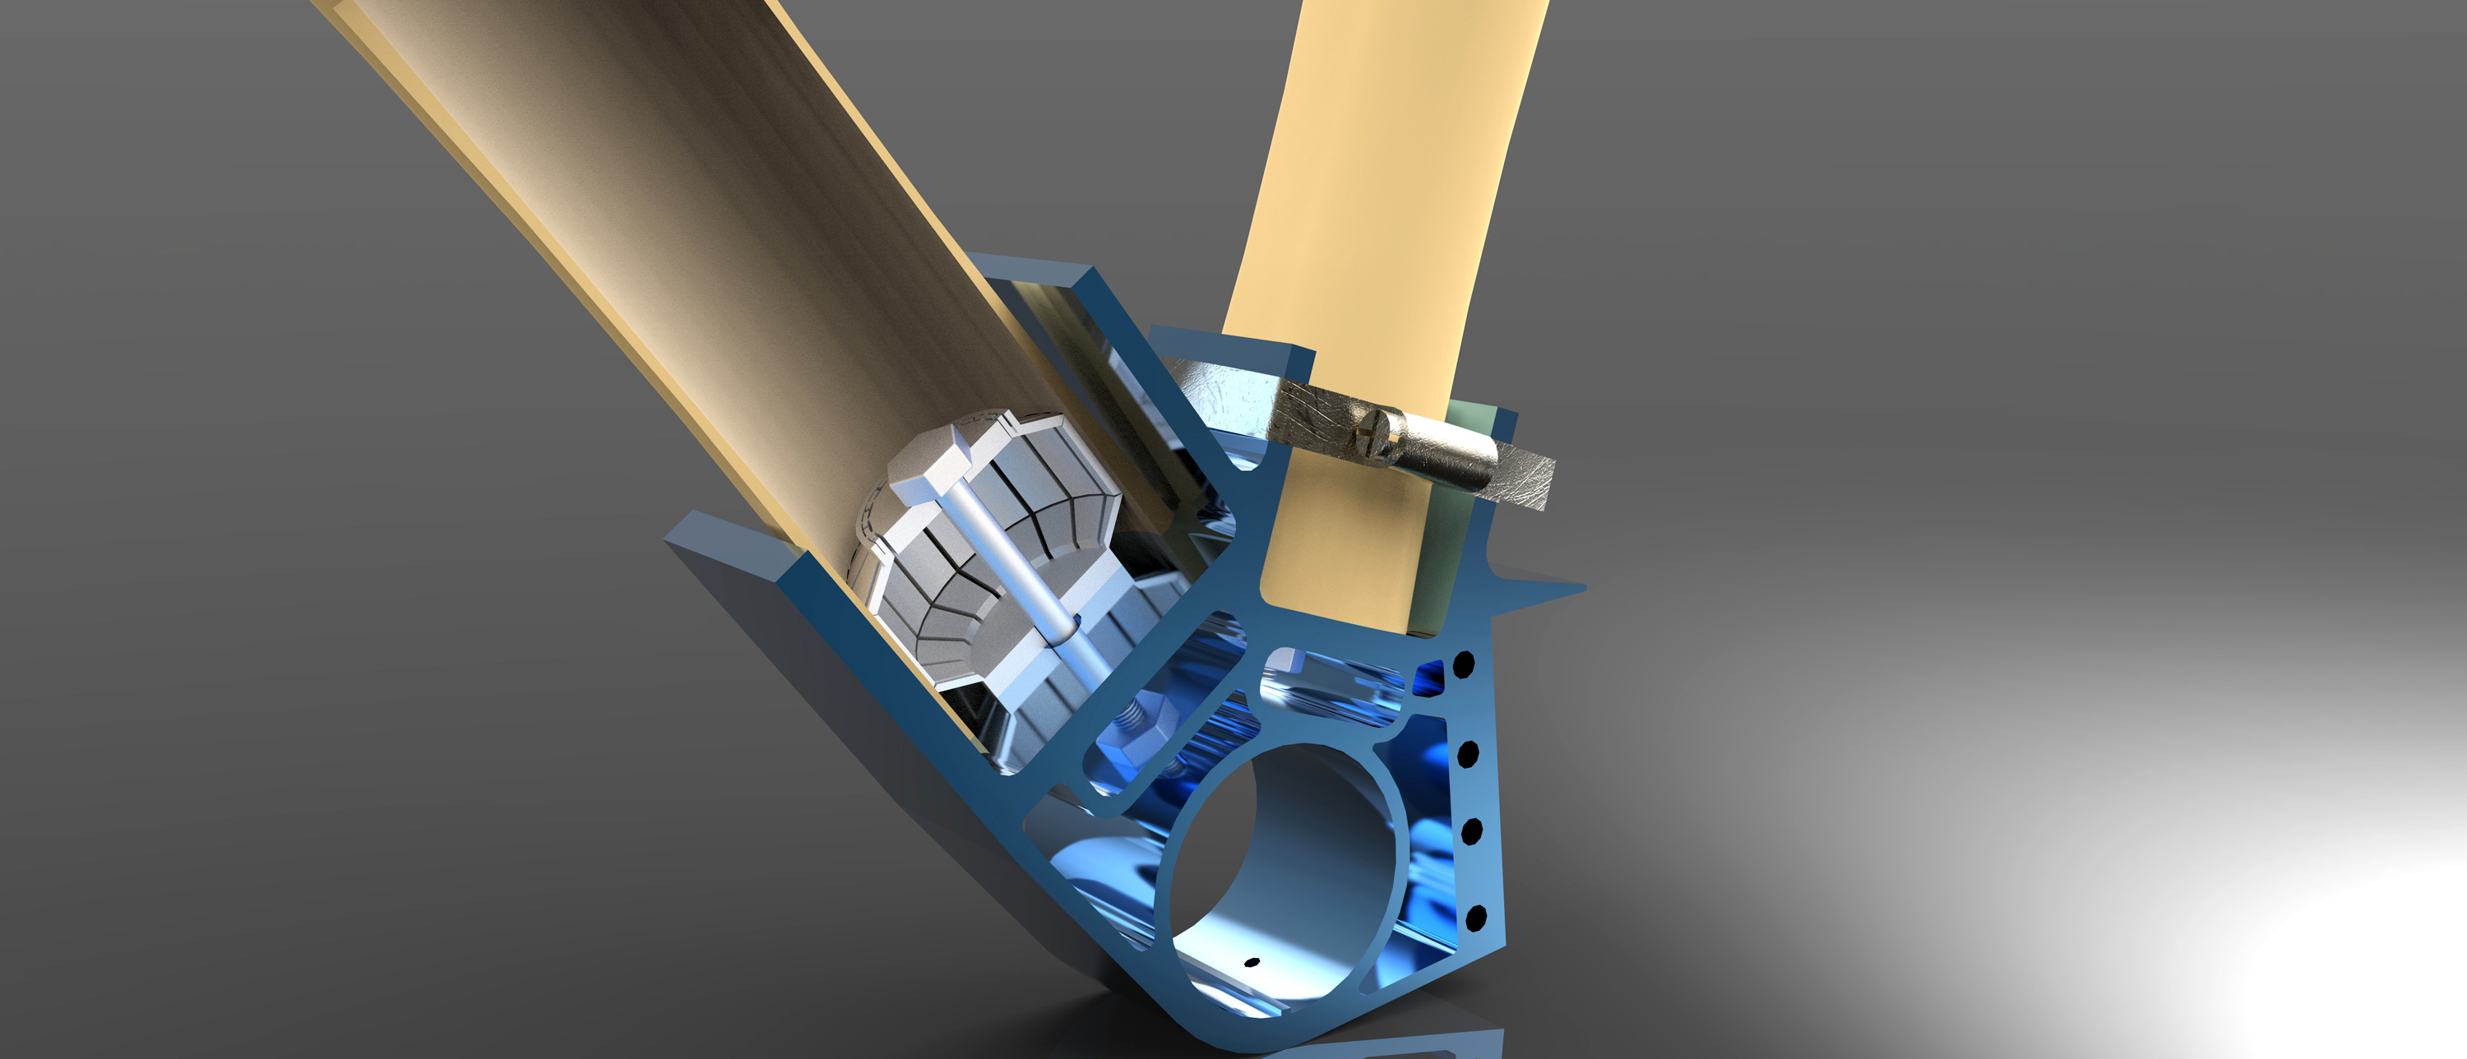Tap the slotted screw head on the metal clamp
1377,425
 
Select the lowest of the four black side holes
1476,916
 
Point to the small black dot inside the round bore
1249,961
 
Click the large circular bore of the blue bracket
1284,862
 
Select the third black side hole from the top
1472,831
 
